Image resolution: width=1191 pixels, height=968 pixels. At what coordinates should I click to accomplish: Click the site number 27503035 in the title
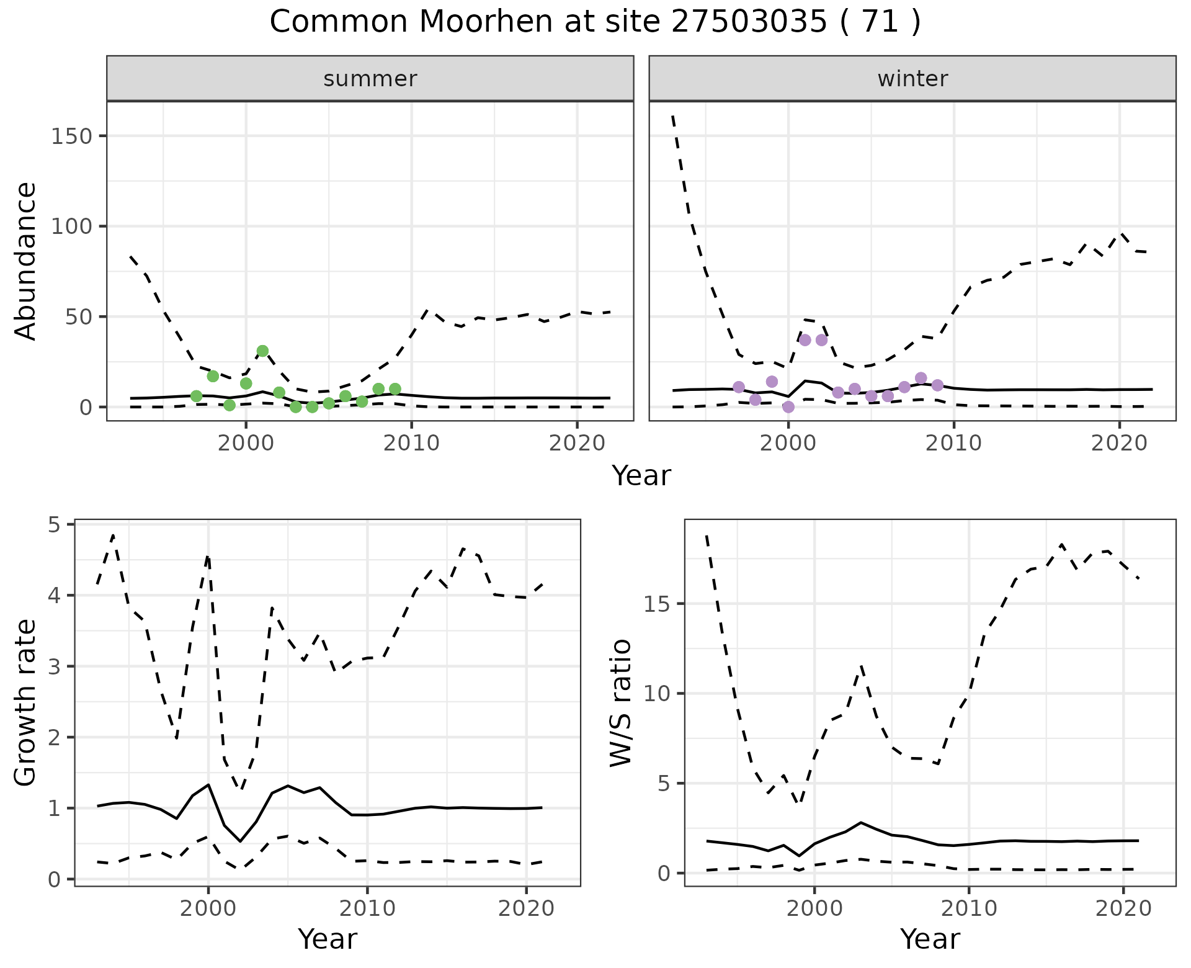tap(749, 22)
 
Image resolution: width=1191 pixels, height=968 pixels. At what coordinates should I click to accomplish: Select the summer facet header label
tap(370, 79)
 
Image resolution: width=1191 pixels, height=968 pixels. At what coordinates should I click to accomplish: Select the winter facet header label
tap(912, 79)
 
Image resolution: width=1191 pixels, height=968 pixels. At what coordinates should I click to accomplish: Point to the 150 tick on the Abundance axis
tap(71, 136)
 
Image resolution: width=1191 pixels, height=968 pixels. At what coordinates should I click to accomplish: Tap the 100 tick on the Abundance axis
tap(71, 226)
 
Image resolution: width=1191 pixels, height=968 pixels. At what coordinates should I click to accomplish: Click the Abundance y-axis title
tap(26, 261)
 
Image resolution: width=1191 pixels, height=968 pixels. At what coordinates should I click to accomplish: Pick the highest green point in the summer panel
tap(262, 351)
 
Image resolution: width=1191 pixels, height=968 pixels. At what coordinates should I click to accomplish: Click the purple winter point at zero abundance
tap(788, 407)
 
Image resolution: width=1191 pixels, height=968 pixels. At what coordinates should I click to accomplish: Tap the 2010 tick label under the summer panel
tap(411, 444)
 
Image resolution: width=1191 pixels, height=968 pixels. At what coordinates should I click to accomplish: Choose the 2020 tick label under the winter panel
tap(1119, 444)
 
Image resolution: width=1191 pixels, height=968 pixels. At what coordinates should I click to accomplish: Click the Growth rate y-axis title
tap(26, 703)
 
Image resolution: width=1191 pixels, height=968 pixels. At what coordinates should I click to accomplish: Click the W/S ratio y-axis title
tap(621, 703)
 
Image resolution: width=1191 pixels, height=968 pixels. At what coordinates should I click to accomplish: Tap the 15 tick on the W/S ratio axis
tap(658, 604)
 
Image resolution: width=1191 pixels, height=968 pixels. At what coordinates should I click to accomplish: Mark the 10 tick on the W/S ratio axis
tap(658, 694)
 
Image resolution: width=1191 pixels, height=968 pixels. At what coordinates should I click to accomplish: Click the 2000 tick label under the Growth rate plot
tap(208, 909)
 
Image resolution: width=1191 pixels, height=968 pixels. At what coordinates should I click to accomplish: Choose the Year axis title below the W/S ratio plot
tap(930, 939)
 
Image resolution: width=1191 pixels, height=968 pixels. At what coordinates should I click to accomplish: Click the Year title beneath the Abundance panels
tap(641, 476)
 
